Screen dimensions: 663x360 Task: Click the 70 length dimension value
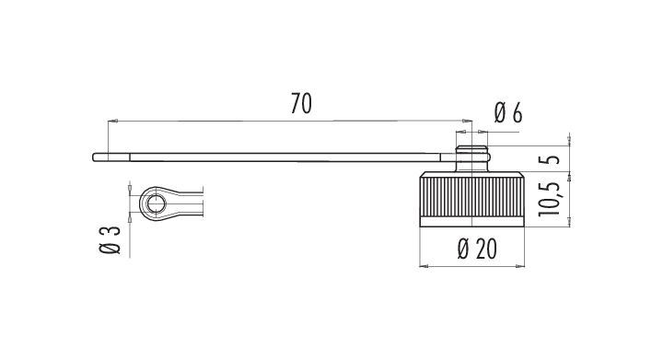[x=301, y=104]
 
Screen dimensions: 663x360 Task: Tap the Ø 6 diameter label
[x=507, y=113]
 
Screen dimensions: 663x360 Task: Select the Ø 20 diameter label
[x=477, y=249]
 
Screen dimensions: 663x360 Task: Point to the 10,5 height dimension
[x=549, y=199]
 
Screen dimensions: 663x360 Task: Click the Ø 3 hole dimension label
[x=110, y=240]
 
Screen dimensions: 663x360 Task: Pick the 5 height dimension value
[x=549, y=159]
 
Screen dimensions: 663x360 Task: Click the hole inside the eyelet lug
[x=156, y=203]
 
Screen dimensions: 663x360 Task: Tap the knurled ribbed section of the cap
[x=471, y=196]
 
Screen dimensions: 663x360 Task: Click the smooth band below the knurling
[x=471, y=221]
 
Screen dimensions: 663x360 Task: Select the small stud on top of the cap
[x=471, y=158]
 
